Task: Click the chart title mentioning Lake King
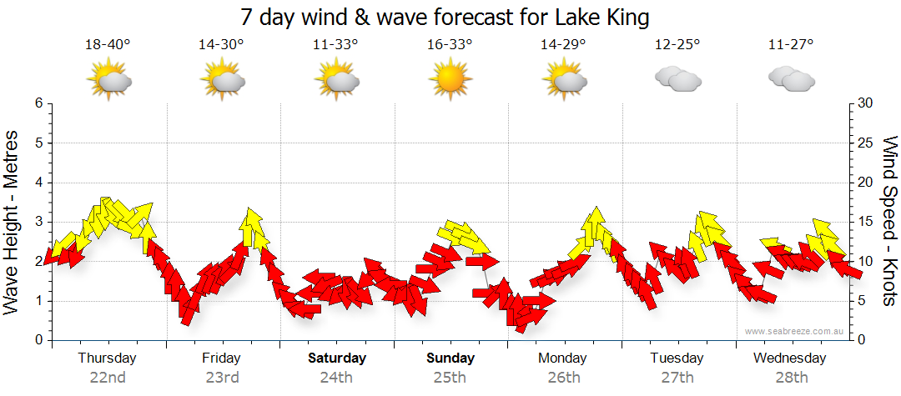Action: pos(444,18)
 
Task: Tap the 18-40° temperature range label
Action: pos(108,45)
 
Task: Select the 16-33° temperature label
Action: pos(450,45)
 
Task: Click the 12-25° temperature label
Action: pos(677,45)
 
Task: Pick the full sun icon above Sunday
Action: pos(450,79)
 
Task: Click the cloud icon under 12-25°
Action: pos(677,79)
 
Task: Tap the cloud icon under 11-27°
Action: pos(791,79)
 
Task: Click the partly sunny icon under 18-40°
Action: pos(108,80)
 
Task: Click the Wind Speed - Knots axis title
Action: pos(889,222)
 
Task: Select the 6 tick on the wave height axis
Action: pos(38,103)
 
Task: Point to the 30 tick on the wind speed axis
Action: pos(865,103)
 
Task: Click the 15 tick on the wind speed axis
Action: pos(865,222)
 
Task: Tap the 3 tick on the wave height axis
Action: pos(38,222)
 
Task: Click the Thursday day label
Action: pos(108,358)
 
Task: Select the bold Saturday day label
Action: pos(337,358)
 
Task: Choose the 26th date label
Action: pos(564,377)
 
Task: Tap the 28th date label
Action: pos(790,377)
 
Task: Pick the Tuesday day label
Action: pos(677,358)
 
